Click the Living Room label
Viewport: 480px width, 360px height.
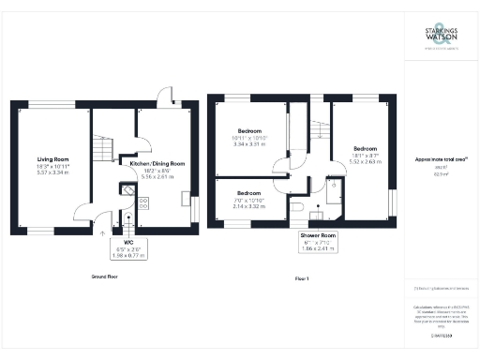53,159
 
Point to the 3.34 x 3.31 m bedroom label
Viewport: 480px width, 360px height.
249,130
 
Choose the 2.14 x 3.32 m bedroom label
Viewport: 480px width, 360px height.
249,193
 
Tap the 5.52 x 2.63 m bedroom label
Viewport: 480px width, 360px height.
366,150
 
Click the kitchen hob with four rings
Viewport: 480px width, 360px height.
144,202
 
